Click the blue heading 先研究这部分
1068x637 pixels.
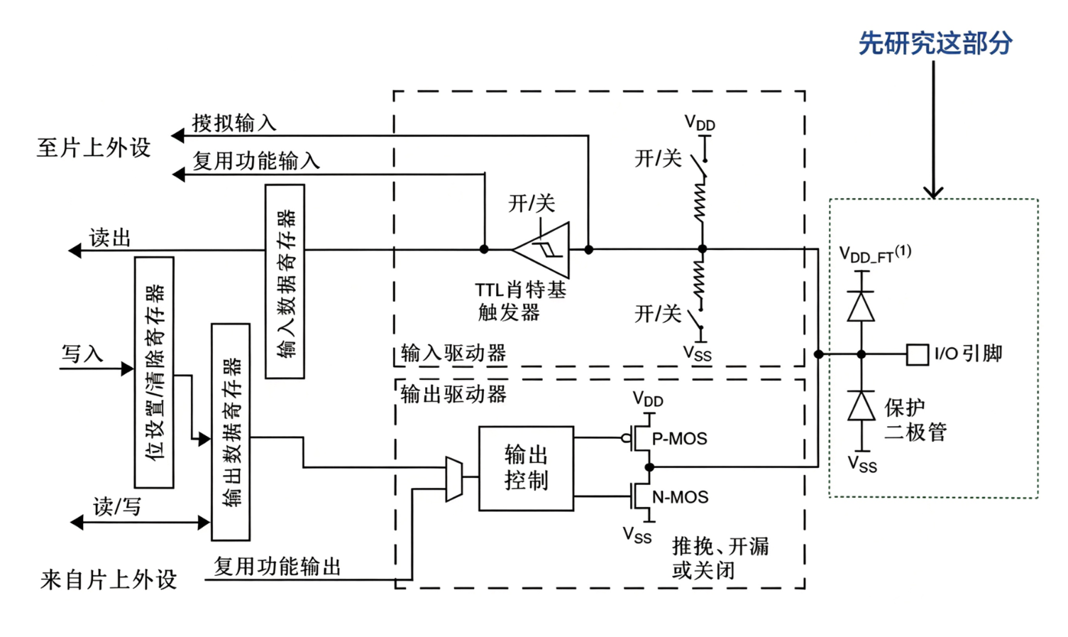tap(935, 43)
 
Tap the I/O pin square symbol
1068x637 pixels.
tap(917, 354)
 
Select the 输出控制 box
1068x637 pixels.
tap(526, 468)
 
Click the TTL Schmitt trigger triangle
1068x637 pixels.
tap(541, 249)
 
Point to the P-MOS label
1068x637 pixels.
tap(679, 438)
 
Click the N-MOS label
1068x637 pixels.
tap(680, 497)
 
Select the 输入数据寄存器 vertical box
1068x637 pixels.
tap(285, 281)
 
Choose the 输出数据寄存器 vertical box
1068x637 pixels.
tap(231, 432)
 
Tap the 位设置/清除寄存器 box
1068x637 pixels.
tap(154, 372)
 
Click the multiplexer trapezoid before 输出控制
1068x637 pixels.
tap(454, 479)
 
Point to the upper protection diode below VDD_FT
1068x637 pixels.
tap(861, 306)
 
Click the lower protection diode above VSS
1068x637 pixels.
tap(861, 405)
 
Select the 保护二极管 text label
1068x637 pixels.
tap(915, 420)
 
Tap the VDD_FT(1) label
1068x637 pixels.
tap(875, 254)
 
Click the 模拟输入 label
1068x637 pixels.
tap(234, 123)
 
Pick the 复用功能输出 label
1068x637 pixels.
tap(277, 567)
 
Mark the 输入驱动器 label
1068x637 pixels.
tap(453, 354)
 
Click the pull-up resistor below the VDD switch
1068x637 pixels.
tap(700, 203)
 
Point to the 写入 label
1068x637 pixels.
tap(82, 354)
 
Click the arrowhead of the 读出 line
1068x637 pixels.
tap(75, 250)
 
